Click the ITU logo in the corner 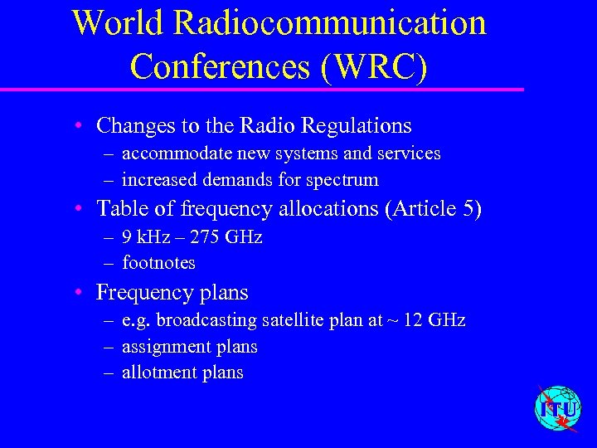pyautogui.click(x=558, y=408)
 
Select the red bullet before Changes pyautogui.click(x=76, y=126)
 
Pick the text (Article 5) pyautogui.click(x=434, y=208)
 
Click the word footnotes pyautogui.click(x=158, y=263)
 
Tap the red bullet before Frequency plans pyautogui.click(x=76, y=292)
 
